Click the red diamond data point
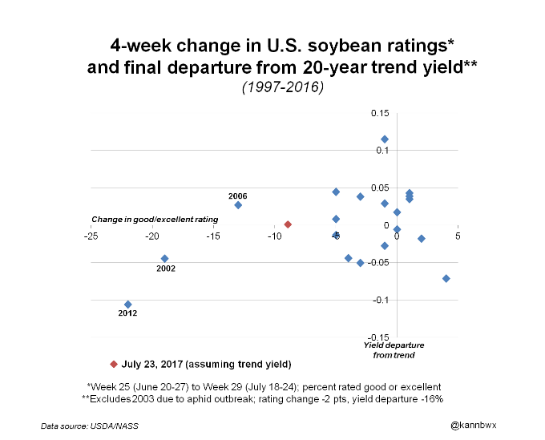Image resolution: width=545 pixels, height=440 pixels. click(x=288, y=224)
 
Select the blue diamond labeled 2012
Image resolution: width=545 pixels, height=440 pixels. click(x=128, y=304)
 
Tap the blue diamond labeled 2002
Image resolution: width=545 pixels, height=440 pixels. click(x=165, y=258)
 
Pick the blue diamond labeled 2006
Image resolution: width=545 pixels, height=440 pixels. click(x=238, y=205)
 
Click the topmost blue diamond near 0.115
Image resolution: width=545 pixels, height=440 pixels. click(x=385, y=139)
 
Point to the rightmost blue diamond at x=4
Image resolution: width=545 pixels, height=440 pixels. click(x=446, y=278)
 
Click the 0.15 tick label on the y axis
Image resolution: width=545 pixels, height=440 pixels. click(x=379, y=113)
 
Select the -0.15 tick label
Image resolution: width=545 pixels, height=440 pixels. click(x=377, y=337)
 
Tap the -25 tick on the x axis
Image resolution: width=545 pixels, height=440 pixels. click(x=91, y=236)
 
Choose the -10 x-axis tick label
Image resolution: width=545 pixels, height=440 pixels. click(x=274, y=236)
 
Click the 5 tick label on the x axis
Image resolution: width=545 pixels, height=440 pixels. click(x=458, y=236)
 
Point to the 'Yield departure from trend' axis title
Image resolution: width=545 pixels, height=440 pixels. click(x=394, y=349)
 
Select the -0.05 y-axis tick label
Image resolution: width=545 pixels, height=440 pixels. click(x=377, y=263)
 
